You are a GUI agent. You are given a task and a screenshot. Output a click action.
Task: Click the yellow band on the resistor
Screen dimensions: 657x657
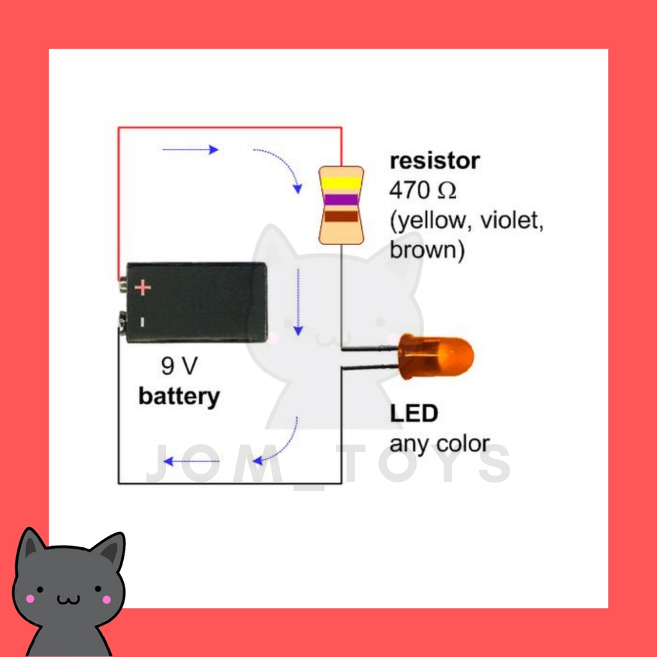click(x=341, y=183)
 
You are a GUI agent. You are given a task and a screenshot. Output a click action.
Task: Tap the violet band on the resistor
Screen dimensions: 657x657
click(x=341, y=200)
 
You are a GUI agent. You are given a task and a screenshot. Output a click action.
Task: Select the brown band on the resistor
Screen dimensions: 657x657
click(x=341, y=217)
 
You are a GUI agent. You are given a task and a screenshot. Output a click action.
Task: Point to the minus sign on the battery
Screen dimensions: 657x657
click(x=142, y=320)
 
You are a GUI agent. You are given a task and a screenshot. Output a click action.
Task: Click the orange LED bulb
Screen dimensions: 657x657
click(x=436, y=354)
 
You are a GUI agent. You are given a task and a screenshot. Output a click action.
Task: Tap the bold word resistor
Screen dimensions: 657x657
click(x=434, y=160)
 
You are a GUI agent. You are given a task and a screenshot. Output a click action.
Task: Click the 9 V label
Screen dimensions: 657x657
click(x=179, y=366)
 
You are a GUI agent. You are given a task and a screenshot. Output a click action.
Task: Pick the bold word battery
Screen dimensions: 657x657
click(x=179, y=396)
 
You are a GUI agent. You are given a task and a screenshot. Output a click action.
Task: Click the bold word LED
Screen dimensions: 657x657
click(x=414, y=413)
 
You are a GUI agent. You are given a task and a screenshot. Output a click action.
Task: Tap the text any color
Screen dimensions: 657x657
click(x=439, y=443)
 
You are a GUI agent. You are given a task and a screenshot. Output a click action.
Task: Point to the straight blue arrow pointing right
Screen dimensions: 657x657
click(x=191, y=149)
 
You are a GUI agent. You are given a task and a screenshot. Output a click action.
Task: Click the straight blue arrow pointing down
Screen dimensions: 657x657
click(x=298, y=302)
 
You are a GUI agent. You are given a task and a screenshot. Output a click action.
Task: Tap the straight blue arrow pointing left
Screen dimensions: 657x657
click(x=192, y=461)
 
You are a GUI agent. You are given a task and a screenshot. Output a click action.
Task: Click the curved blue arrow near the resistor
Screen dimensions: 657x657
click(x=280, y=168)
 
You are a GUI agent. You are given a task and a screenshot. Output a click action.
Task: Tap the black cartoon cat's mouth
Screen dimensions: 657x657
click(x=67, y=600)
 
